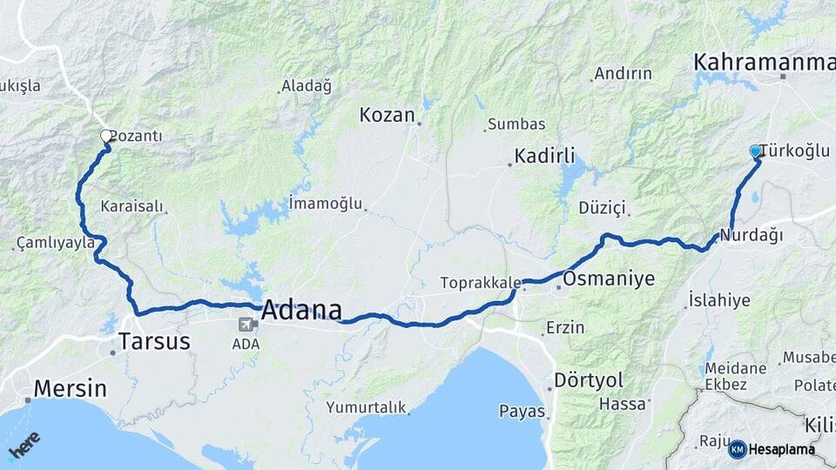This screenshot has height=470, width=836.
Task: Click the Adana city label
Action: point(300,309)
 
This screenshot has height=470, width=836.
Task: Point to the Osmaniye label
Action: point(608,279)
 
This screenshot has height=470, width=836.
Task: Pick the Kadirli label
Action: point(544,156)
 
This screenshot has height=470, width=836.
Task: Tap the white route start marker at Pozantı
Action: point(106,136)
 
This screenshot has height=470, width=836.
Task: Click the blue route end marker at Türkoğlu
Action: point(756,151)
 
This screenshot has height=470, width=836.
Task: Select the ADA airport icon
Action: point(247,326)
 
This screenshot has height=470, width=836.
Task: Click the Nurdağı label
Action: point(752,236)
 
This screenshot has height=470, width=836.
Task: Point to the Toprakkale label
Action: point(481,283)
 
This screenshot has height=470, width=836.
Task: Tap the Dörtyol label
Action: point(588,380)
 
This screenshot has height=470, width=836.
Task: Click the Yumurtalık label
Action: point(366,406)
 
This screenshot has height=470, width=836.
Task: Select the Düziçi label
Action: point(602,207)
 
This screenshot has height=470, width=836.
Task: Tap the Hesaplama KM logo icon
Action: point(738,449)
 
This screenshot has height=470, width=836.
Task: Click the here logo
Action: point(24,444)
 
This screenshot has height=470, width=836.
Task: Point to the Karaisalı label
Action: point(131,207)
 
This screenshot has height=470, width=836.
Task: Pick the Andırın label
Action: point(623,75)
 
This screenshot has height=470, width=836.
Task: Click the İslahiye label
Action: point(718,300)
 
